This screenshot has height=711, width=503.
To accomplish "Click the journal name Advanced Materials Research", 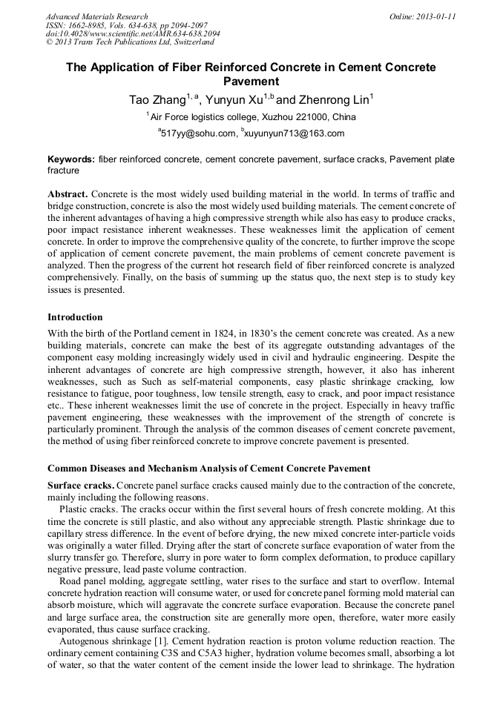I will pos(96,16).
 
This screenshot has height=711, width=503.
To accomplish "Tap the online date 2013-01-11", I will pos(423,16).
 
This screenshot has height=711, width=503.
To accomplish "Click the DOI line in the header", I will pos(133,34).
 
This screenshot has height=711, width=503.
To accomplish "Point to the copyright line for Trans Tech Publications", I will pos(130,42).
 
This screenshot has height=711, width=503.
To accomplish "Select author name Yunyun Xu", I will pos(237,99).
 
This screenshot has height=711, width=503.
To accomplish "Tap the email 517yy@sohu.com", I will pos(198,133).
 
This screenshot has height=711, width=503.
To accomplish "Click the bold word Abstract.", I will pos(68,194).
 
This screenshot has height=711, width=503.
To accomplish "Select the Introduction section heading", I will pos(75,317).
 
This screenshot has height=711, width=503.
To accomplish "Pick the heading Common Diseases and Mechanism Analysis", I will pos(208,469).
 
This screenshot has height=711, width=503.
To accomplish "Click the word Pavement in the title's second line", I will pos(251,82).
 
